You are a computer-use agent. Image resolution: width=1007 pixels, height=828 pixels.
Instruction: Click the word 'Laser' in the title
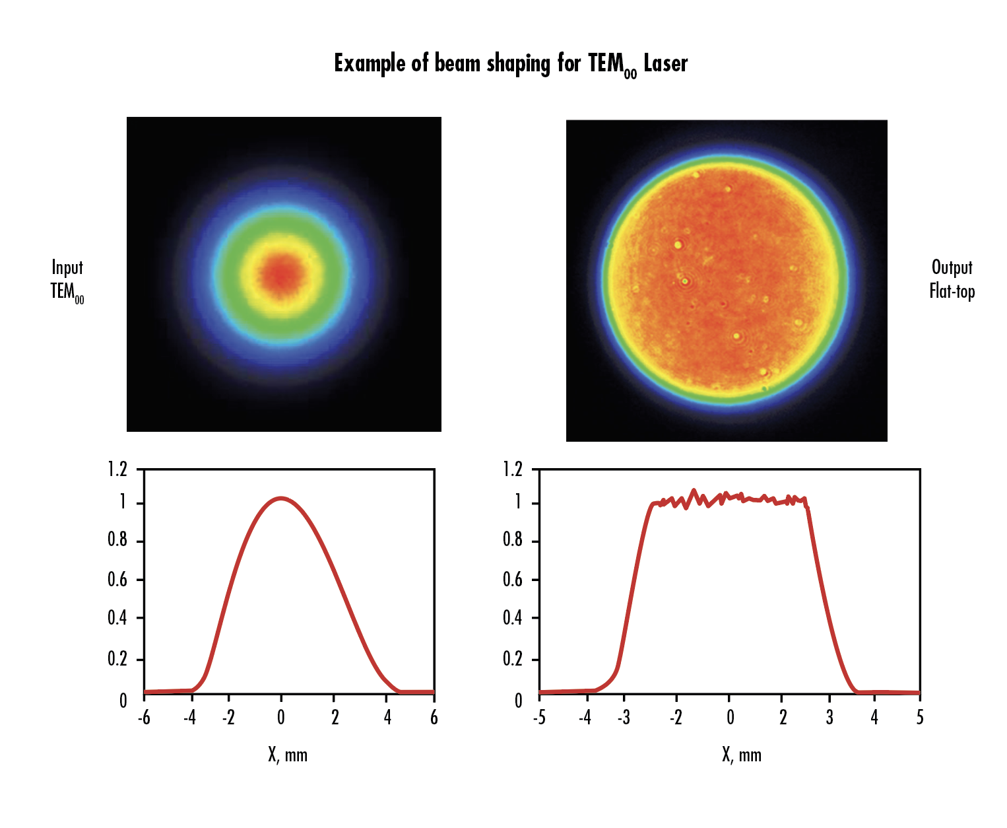(665, 64)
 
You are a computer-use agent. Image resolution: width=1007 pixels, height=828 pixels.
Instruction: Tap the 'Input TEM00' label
(67, 280)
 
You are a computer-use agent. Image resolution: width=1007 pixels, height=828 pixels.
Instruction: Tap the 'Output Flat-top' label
(952, 279)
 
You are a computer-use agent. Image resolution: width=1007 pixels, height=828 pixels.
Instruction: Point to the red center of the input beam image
(282, 272)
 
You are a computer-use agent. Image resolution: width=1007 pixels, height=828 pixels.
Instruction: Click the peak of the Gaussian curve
(282, 499)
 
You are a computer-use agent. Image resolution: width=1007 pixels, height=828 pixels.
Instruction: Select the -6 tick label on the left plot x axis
(144, 718)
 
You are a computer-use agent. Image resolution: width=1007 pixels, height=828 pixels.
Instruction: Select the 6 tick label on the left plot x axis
(434, 718)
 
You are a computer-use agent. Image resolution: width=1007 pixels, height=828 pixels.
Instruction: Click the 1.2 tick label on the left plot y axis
(117, 469)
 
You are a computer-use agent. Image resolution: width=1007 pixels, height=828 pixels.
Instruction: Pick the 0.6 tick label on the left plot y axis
(117, 580)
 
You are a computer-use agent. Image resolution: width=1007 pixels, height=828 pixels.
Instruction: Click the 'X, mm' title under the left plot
(288, 755)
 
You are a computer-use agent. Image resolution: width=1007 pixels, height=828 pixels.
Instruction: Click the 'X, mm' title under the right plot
(742, 755)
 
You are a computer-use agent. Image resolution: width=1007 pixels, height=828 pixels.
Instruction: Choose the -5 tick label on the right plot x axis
(539, 718)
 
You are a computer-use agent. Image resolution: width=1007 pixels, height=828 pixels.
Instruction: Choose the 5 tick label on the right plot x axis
(920, 718)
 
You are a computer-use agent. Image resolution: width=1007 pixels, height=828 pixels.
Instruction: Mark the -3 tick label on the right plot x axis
(624, 718)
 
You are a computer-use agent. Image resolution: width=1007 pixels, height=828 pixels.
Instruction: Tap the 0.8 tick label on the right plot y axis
(512, 541)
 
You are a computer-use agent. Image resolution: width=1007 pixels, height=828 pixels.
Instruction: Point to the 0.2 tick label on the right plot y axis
(512, 659)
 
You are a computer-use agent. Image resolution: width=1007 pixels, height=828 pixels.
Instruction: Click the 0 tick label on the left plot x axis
(281, 718)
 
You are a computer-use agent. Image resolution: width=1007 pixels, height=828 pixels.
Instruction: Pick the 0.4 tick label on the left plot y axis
(117, 618)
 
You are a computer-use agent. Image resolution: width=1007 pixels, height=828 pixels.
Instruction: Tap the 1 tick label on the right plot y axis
(517, 502)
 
